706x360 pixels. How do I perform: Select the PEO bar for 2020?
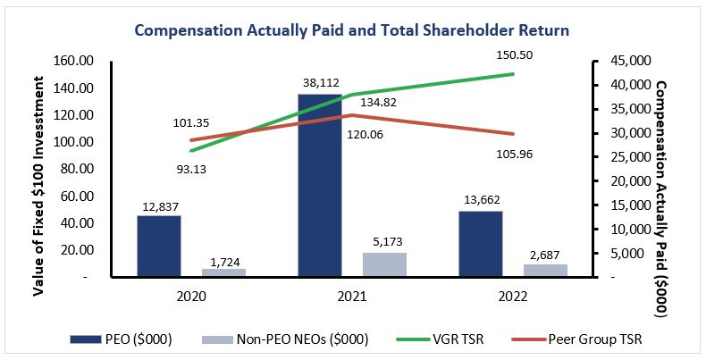158,247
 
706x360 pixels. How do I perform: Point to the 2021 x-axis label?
341,293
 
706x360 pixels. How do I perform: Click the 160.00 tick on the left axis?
76,62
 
